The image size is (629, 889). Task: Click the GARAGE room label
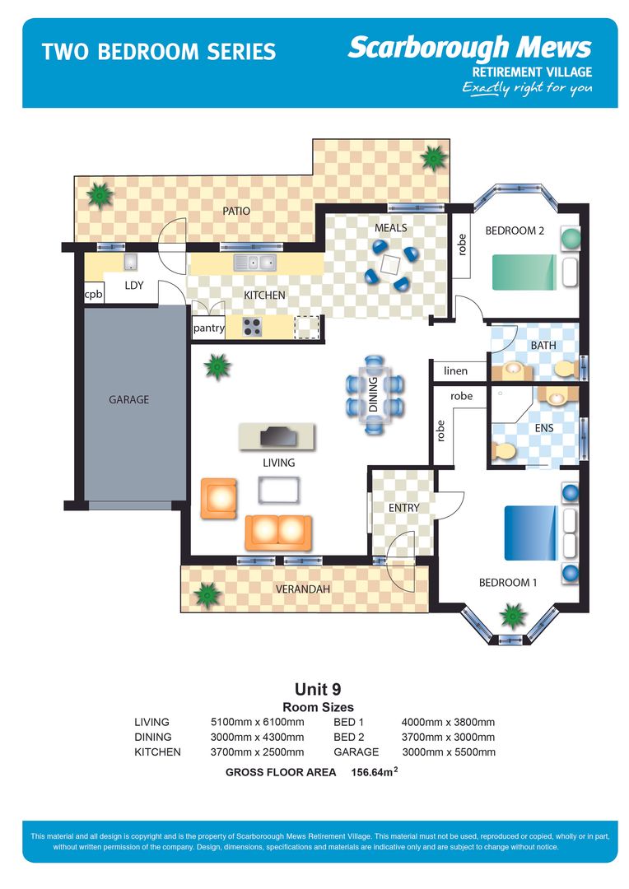pos(129,400)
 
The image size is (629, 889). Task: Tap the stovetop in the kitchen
pos(252,327)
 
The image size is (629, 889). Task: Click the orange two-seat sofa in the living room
pos(278,533)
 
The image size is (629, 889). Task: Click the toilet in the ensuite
pos(502,451)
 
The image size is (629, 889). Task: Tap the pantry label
pos(208,328)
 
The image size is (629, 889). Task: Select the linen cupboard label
pos(455,371)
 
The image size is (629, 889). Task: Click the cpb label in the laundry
pos(93,295)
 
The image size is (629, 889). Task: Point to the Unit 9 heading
pos(318,689)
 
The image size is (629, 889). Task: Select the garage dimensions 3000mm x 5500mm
pos(448,752)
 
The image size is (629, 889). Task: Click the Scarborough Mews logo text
pos(469,48)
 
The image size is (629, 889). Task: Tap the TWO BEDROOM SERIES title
pos(158,52)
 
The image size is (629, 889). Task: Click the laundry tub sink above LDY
pos(130,262)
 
